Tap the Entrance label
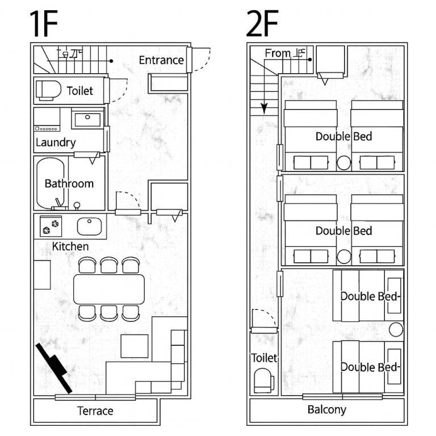(x=161, y=60)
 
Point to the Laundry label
(x=56, y=142)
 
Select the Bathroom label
(x=69, y=184)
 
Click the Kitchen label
(x=70, y=246)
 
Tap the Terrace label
(x=95, y=411)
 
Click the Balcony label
(x=327, y=410)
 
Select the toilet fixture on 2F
(x=264, y=380)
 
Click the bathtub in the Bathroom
(x=51, y=183)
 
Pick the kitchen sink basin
(x=89, y=227)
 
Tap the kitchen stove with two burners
(x=51, y=227)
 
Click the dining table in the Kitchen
(x=109, y=289)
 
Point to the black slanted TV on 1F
(x=54, y=368)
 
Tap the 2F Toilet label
(x=264, y=358)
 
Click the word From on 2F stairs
(x=278, y=53)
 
